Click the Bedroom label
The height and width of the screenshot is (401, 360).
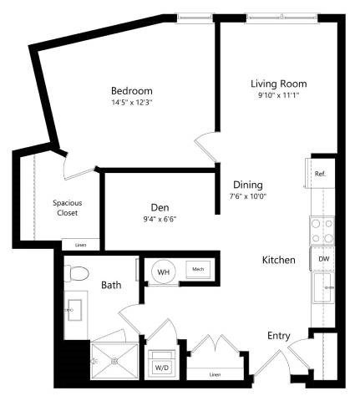coord(133,90)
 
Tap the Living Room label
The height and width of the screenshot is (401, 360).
coord(279,84)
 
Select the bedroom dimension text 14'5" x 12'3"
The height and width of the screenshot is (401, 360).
coord(133,103)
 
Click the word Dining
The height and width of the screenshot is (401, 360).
coord(248,185)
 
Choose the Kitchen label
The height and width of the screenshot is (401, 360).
coord(279,261)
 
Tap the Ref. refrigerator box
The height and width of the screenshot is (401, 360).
coord(320,174)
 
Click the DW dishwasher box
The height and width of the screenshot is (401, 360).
coord(323,260)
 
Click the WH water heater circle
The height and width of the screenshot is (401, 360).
coord(164,271)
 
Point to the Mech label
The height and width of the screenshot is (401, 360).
coord(198,270)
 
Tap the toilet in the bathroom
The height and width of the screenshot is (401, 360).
coord(77,273)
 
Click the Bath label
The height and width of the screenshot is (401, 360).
coord(111,285)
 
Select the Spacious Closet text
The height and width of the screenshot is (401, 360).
coord(67,207)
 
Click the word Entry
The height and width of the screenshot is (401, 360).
coord(278,336)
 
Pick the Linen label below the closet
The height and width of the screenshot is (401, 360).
coord(80,245)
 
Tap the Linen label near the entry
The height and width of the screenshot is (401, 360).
coord(214,374)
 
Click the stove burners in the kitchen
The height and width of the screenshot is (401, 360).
coord(322,231)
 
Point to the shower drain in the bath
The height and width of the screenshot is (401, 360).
coord(115,361)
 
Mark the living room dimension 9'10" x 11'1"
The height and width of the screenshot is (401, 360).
coord(279,96)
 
